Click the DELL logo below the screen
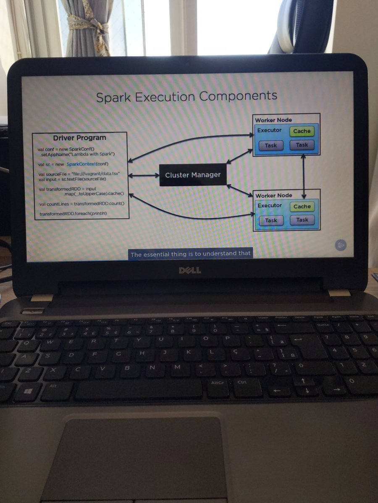190,270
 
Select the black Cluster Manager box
193,175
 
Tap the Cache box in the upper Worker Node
302,131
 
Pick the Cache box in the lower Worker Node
302,206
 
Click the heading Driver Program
79,138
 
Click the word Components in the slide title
238,96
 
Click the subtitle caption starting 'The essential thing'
190,254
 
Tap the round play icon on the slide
341,245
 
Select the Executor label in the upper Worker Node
269,130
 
